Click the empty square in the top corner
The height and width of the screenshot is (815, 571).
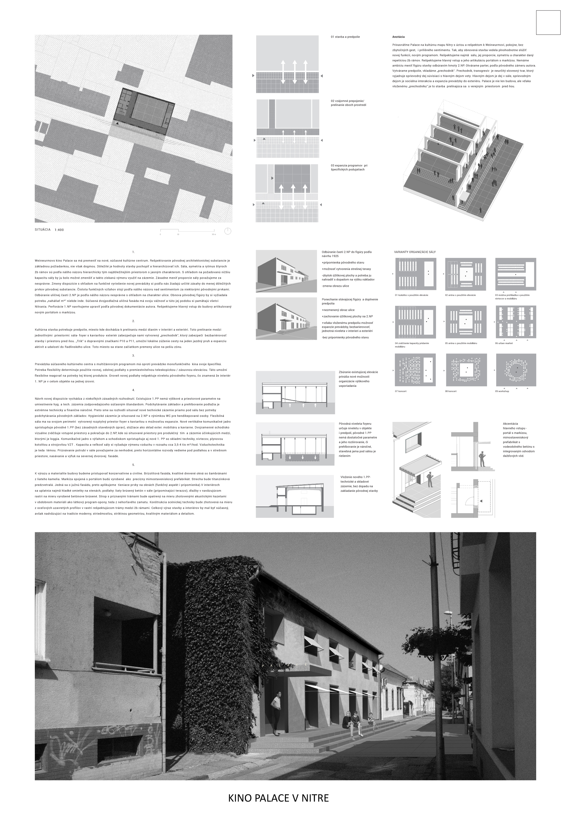tap(548, 22)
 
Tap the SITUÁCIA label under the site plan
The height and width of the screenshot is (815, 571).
tap(43, 230)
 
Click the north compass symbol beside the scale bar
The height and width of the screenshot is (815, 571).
tap(228, 231)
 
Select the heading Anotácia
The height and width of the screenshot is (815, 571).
tap(398, 37)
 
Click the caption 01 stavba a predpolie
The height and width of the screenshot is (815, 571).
tap(345, 37)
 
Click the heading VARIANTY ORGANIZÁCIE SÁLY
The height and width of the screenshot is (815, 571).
tap(415, 252)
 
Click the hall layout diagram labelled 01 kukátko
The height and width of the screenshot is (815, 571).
tap(415, 274)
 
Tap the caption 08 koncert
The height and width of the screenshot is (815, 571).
tap(451, 391)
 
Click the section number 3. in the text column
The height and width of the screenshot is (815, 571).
tap(133, 355)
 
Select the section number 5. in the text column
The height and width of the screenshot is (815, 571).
tap(133, 465)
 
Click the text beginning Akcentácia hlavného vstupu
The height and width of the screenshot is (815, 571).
tap(518, 439)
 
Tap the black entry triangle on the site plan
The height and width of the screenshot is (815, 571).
tap(117, 123)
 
